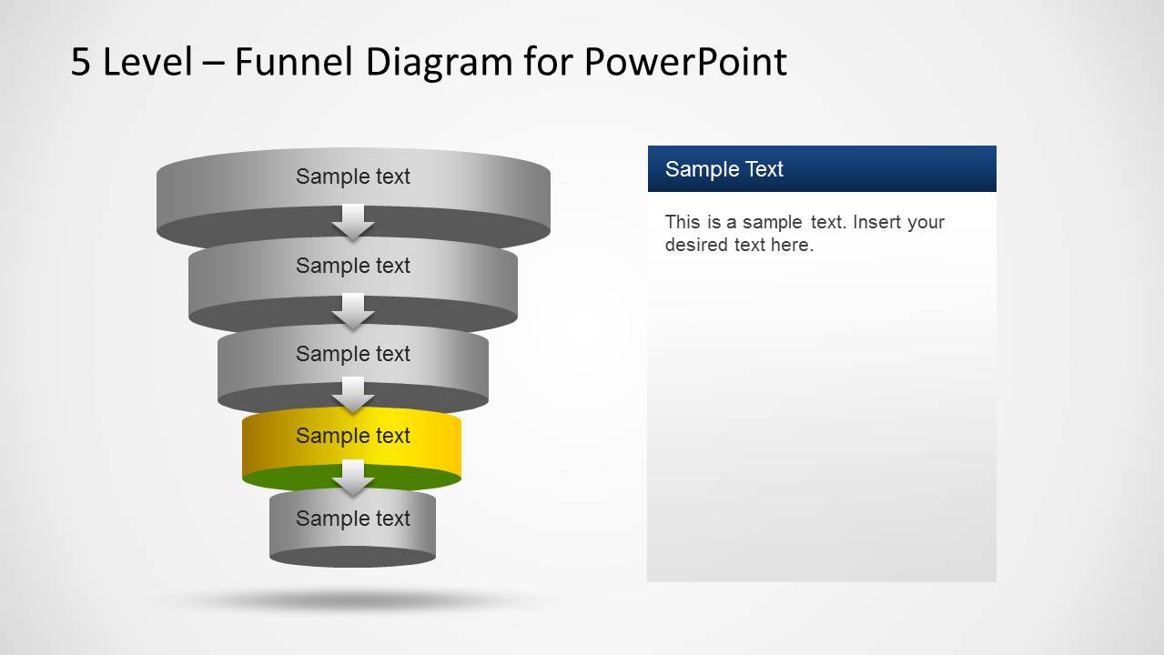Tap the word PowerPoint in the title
click(684, 62)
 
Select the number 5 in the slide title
click(81, 62)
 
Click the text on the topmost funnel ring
click(353, 176)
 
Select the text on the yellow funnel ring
click(353, 436)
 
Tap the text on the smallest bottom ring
click(353, 519)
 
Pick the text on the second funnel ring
click(353, 266)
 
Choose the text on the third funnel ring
click(353, 354)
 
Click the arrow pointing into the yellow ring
click(353, 394)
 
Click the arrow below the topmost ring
click(353, 222)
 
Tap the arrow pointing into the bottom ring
click(353, 478)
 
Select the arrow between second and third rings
click(353, 311)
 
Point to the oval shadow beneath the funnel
click(353, 600)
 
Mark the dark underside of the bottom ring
click(353, 557)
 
